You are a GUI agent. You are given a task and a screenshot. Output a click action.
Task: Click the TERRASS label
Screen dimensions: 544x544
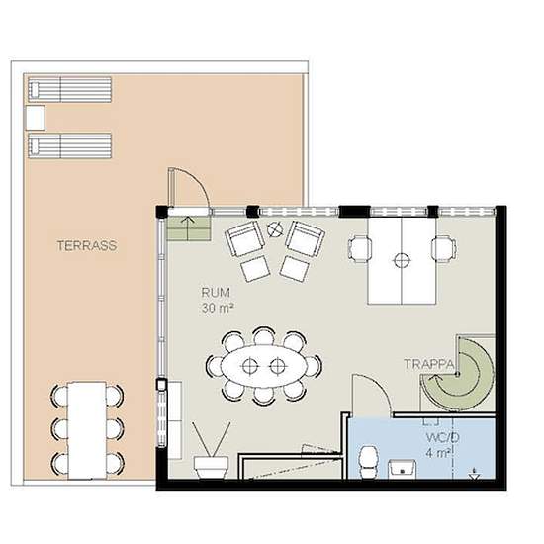pyautogui.click(x=87, y=245)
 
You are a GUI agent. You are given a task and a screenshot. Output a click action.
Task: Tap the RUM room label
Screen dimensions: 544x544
pyautogui.click(x=216, y=293)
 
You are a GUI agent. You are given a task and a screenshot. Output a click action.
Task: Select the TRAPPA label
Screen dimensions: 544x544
pyautogui.click(x=429, y=364)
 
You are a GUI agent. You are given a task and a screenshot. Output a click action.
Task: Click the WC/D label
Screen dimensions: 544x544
pyautogui.click(x=442, y=437)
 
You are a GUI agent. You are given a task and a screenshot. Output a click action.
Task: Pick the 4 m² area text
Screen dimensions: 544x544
pyautogui.click(x=439, y=453)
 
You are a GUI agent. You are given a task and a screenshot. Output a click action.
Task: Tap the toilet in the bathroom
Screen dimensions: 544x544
pyautogui.click(x=368, y=462)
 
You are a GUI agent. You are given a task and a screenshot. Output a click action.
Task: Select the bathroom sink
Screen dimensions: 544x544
pyautogui.click(x=403, y=469)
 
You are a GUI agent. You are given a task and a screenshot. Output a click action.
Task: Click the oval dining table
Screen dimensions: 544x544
pyautogui.click(x=264, y=366)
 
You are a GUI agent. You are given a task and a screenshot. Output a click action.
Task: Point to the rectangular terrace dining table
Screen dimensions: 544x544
pyautogui.click(x=87, y=430)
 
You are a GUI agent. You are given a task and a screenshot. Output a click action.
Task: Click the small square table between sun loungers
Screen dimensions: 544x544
pyautogui.click(x=36, y=118)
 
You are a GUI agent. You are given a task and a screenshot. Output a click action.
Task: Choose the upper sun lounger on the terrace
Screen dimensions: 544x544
pyautogui.click(x=70, y=89)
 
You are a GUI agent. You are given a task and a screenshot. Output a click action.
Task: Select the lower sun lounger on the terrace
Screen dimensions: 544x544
pyautogui.click(x=70, y=145)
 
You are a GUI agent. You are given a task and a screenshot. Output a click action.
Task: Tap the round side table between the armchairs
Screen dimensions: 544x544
pyautogui.click(x=274, y=229)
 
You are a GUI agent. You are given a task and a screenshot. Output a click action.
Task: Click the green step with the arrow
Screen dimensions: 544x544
pyautogui.click(x=188, y=228)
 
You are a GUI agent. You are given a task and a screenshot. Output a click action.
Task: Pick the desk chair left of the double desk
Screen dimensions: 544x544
pyautogui.click(x=360, y=248)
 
